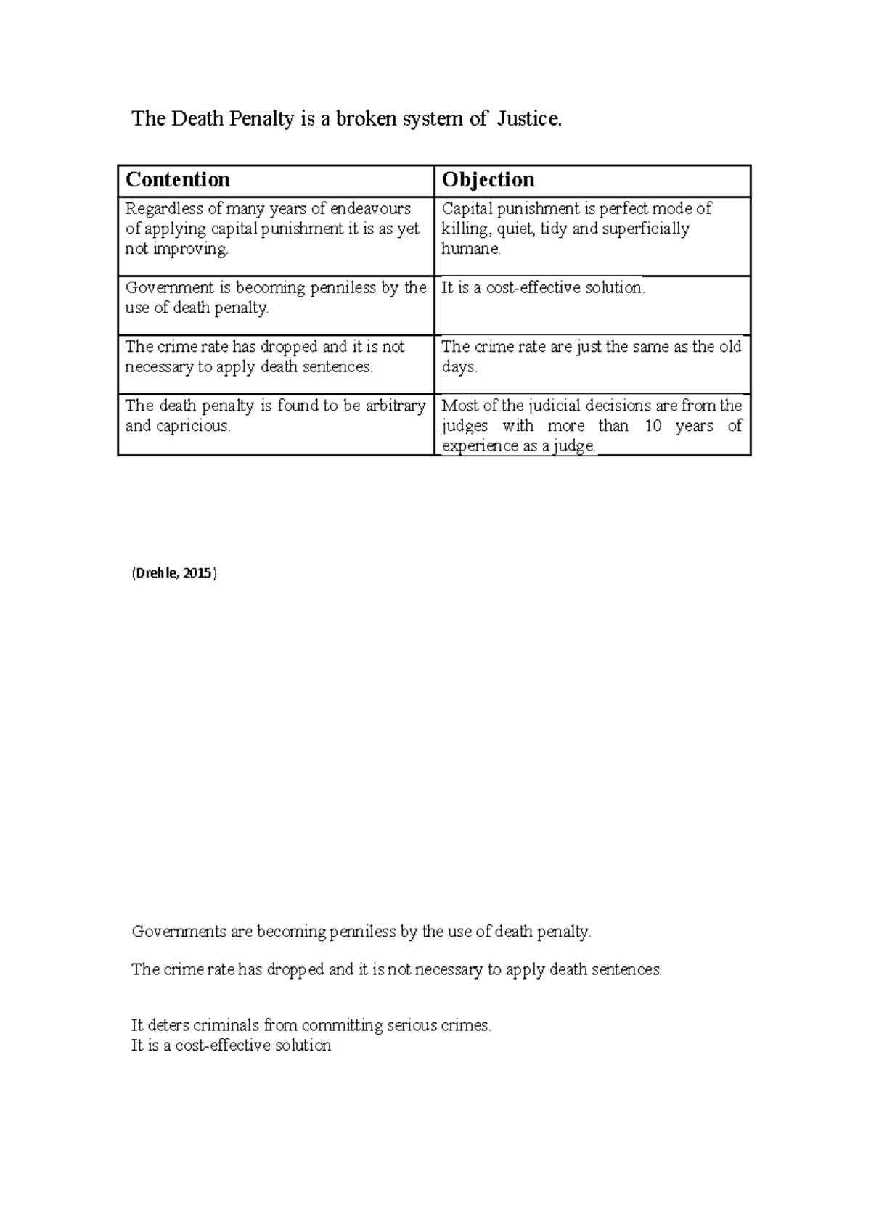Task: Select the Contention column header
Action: click(178, 180)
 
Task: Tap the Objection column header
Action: click(488, 180)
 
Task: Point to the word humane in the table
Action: click(470, 249)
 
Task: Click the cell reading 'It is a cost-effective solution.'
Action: click(543, 288)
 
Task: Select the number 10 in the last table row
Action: click(653, 426)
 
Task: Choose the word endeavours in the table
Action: click(370, 209)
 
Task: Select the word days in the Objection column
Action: click(459, 367)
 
